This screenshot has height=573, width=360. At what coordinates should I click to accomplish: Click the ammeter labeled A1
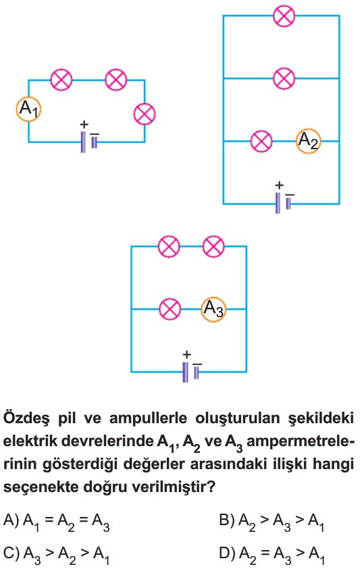click(28, 109)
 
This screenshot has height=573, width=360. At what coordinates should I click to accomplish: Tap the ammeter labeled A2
click(309, 141)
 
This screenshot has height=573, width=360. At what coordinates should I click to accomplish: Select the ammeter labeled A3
click(213, 309)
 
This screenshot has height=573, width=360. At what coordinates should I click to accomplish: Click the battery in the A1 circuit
click(89, 142)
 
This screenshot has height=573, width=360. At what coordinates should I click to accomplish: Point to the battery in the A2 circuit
click(284, 203)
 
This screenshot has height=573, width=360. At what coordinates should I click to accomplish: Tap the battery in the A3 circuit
click(191, 372)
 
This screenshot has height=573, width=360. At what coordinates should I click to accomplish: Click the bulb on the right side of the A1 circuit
click(145, 114)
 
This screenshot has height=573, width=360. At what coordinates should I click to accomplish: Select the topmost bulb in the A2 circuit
click(284, 16)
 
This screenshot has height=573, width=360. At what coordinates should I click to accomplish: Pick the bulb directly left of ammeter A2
click(261, 141)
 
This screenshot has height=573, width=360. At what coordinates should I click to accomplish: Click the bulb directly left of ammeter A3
click(170, 309)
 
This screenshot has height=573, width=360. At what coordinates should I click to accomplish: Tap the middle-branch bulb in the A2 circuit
click(284, 78)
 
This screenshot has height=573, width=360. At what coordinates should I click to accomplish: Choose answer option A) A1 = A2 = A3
click(56, 522)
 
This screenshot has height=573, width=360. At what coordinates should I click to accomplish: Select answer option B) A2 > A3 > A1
click(272, 522)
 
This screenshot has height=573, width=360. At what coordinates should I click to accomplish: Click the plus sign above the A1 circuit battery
click(84, 125)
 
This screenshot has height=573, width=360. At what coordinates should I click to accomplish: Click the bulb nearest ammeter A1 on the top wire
click(61, 80)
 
